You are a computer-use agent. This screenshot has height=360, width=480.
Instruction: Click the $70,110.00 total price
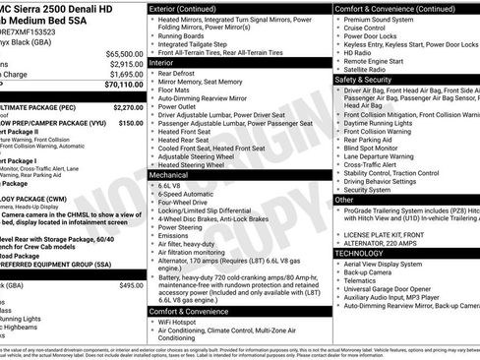118,86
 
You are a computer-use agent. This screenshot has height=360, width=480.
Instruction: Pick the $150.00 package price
130,123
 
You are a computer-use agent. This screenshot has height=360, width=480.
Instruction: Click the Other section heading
344,200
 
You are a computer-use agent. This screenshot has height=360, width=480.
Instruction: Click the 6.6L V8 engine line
170,185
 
